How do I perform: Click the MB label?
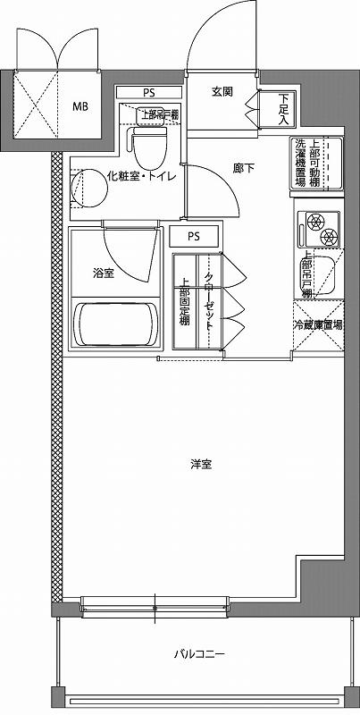coord(80,105)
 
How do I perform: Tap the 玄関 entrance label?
coord(222,93)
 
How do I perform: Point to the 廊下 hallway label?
coord(244,167)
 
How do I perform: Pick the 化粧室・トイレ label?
coord(140,175)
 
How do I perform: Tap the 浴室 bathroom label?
coord(103,273)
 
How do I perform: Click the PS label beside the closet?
coord(194,237)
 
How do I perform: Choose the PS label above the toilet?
coord(147,91)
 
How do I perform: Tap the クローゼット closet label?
coord(209,304)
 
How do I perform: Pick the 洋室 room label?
coord(201,464)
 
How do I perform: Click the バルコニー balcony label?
coord(199,654)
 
